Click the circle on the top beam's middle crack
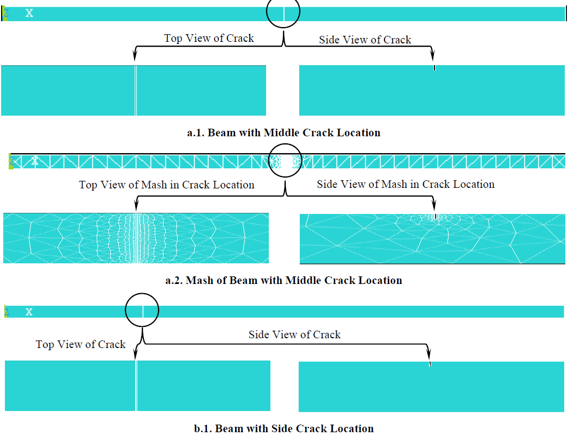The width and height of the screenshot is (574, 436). pyautogui.click(x=283, y=12)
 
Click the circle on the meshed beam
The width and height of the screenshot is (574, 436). pyautogui.click(x=285, y=161)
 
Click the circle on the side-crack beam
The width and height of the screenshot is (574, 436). pyautogui.click(x=142, y=311)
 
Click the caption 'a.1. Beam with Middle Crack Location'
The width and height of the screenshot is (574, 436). pyautogui.click(x=283, y=132)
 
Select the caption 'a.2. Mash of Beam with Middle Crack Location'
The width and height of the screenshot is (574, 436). pyautogui.click(x=283, y=281)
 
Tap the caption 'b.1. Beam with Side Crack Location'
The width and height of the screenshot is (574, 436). pyautogui.click(x=283, y=428)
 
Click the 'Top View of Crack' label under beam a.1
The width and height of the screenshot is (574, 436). pyautogui.click(x=209, y=38)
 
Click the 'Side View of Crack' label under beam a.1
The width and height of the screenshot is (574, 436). pyautogui.click(x=365, y=40)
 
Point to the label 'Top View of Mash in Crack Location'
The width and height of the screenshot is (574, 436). pyautogui.click(x=167, y=185)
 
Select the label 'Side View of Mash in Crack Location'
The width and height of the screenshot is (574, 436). pyautogui.click(x=406, y=184)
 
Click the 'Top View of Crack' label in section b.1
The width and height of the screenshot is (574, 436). pyautogui.click(x=80, y=344)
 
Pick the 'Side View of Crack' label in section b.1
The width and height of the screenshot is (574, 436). pyautogui.click(x=294, y=334)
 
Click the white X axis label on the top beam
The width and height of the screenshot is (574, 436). pyautogui.click(x=29, y=13)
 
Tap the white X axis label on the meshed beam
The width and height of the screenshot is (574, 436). pyautogui.click(x=35, y=161)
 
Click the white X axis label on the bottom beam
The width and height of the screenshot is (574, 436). pyautogui.click(x=29, y=312)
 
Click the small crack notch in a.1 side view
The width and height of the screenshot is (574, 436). pyautogui.click(x=434, y=68)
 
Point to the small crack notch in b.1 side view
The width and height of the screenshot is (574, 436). pyautogui.click(x=430, y=364)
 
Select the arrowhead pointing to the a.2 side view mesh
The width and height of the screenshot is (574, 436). pyautogui.click(x=433, y=206)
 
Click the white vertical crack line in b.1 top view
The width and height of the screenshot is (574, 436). pyautogui.click(x=136, y=386)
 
